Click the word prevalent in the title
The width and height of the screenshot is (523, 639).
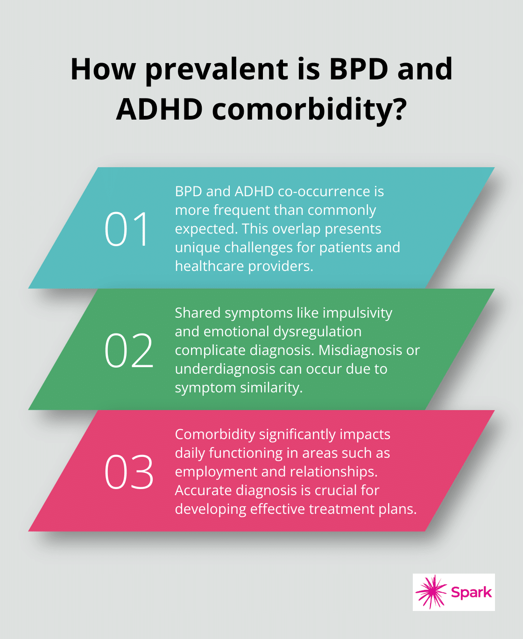coord(217,69)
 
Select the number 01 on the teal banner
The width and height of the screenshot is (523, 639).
coord(127,229)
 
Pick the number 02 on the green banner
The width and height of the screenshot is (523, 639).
coord(129,350)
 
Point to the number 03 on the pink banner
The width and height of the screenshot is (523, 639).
coord(129,472)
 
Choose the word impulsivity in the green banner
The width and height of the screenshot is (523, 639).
coord(357,313)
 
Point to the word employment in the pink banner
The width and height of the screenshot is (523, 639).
coord(216,472)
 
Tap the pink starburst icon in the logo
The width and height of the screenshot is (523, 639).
coord(431,592)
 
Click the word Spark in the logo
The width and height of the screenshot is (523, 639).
coord(471,592)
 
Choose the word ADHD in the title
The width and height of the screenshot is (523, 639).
coord(159,109)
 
